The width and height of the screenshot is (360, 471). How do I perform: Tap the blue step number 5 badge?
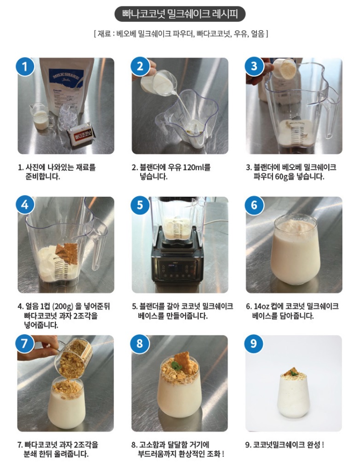[x=140, y=205]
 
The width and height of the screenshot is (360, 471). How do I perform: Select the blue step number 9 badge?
[x=254, y=343]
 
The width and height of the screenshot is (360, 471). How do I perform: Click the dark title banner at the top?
[x=180, y=14]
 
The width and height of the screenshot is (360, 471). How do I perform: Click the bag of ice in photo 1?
[x=69, y=116]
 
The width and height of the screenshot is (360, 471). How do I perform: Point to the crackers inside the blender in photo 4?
[x=67, y=253]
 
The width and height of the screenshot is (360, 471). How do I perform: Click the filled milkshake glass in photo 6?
[x=295, y=249]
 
